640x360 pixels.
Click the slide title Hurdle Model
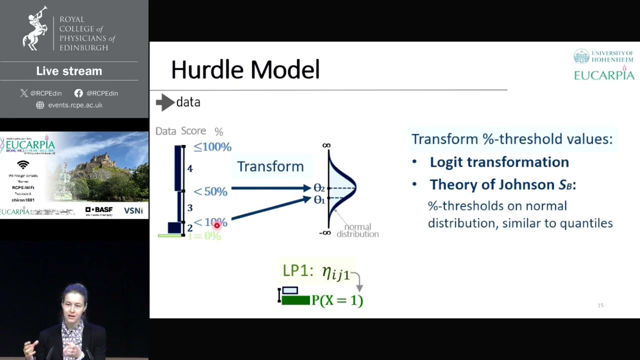(245, 69)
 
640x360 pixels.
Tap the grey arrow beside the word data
(164, 102)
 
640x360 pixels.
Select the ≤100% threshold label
(212, 147)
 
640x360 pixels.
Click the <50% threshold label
(210, 191)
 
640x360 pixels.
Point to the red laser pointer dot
(216, 226)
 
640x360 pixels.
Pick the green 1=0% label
(204, 235)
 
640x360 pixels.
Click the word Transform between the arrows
(270, 166)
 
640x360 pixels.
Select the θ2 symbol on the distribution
(319, 188)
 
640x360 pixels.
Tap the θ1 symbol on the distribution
(319, 200)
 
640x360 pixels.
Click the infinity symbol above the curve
(326, 145)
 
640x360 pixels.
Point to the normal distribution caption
(357, 230)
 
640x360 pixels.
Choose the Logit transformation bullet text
(499, 162)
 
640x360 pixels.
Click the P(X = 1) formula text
(337, 300)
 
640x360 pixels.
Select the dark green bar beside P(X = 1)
(295, 300)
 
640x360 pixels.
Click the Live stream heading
(69, 71)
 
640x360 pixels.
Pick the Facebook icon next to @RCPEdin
(78, 93)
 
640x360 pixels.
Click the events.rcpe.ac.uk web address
(75, 105)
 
